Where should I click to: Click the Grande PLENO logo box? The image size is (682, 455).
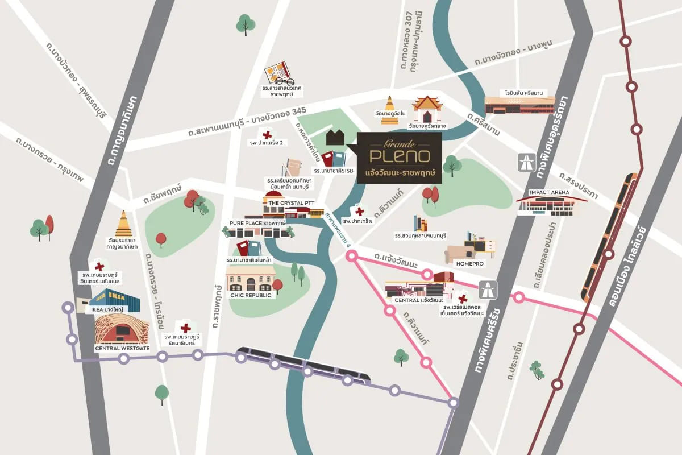(x=400, y=158)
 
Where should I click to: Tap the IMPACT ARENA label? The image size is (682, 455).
(x=549, y=192)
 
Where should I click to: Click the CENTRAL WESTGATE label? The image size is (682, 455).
(x=122, y=348)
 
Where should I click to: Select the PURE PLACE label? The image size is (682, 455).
(x=257, y=223)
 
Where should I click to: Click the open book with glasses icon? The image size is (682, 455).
(x=278, y=73)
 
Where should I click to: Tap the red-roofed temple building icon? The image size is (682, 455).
(x=427, y=109)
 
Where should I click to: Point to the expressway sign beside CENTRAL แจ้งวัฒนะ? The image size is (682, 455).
(x=486, y=289)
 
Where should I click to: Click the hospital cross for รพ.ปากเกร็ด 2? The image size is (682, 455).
(x=267, y=135)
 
